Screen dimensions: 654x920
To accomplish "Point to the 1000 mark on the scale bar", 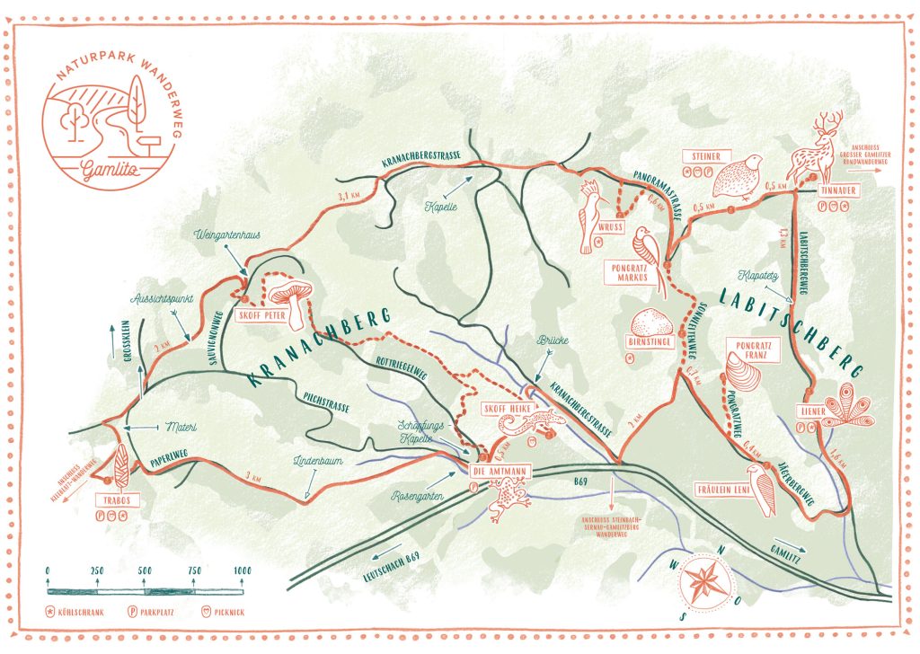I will point(241,571).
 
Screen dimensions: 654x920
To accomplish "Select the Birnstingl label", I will point(647,342).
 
